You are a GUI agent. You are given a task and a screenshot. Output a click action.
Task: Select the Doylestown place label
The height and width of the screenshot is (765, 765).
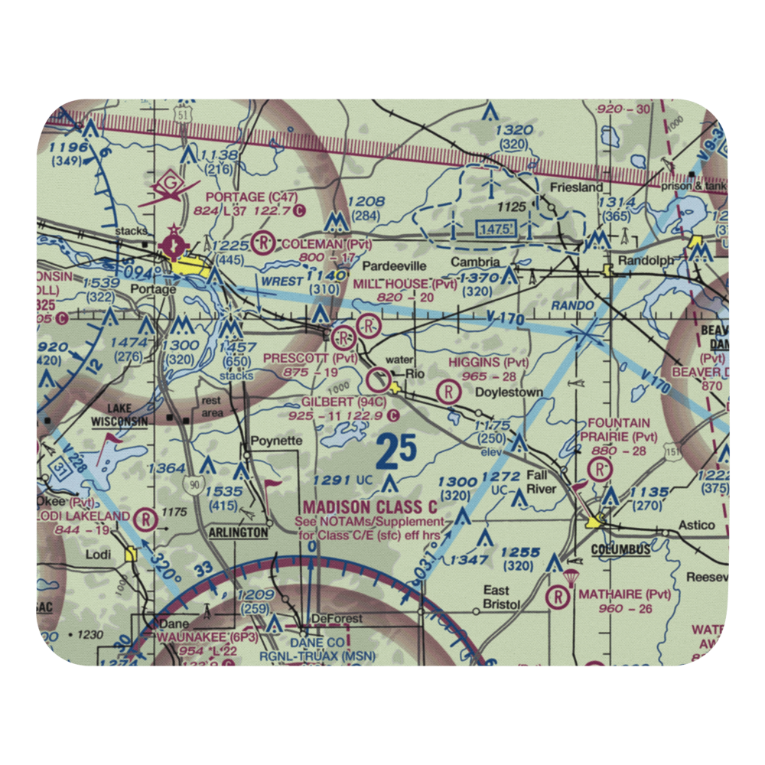[x=510, y=392]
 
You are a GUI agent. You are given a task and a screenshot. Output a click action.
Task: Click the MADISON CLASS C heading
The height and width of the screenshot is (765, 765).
[x=370, y=507]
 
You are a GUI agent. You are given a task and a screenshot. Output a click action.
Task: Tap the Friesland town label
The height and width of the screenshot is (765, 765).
[x=576, y=187]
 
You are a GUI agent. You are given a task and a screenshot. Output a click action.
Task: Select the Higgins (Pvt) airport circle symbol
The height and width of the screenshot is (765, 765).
[x=448, y=392]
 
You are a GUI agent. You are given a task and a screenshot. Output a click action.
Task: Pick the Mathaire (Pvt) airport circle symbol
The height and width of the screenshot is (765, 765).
[x=559, y=596]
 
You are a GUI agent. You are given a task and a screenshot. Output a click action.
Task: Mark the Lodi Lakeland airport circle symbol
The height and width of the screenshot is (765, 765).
[x=145, y=519]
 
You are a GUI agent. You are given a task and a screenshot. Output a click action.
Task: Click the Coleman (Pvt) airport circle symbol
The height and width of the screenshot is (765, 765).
[x=265, y=243]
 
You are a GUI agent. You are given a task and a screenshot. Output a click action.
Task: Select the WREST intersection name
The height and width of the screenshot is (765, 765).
[x=282, y=281]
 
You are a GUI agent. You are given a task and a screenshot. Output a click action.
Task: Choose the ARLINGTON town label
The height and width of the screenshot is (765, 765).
[x=239, y=532]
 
